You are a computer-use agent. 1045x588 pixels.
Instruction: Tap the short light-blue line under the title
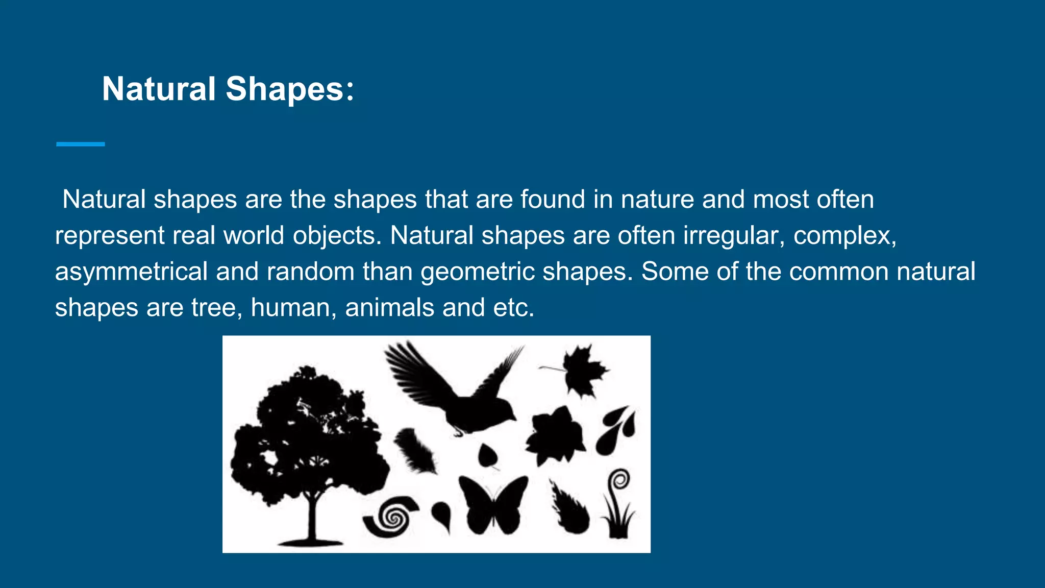(x=80, y=144)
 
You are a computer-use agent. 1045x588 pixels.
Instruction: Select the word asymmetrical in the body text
(x=131, y=272)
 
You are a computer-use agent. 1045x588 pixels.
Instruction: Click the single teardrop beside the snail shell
(x=442, y=514)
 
